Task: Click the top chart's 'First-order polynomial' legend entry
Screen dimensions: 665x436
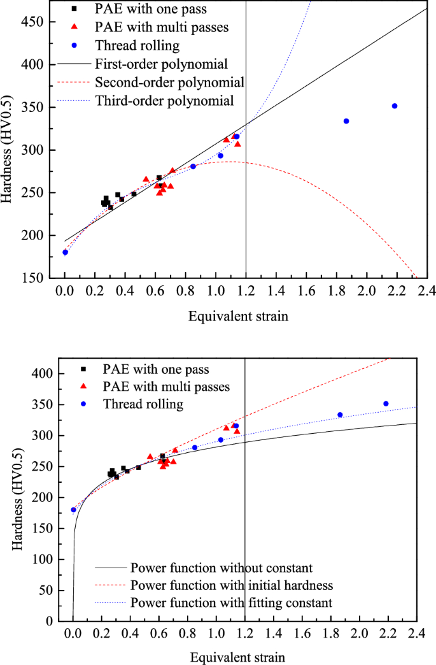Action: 161,64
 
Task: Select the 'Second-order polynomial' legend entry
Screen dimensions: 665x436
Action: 169,82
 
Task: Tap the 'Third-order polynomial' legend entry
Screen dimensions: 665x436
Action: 164,101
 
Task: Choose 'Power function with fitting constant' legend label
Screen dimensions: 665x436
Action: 231,602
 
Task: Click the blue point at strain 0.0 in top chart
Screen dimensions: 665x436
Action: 65,252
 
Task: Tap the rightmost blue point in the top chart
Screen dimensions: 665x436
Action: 395,106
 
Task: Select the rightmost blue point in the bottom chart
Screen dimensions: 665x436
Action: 386,404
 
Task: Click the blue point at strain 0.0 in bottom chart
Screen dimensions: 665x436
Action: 73,510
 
